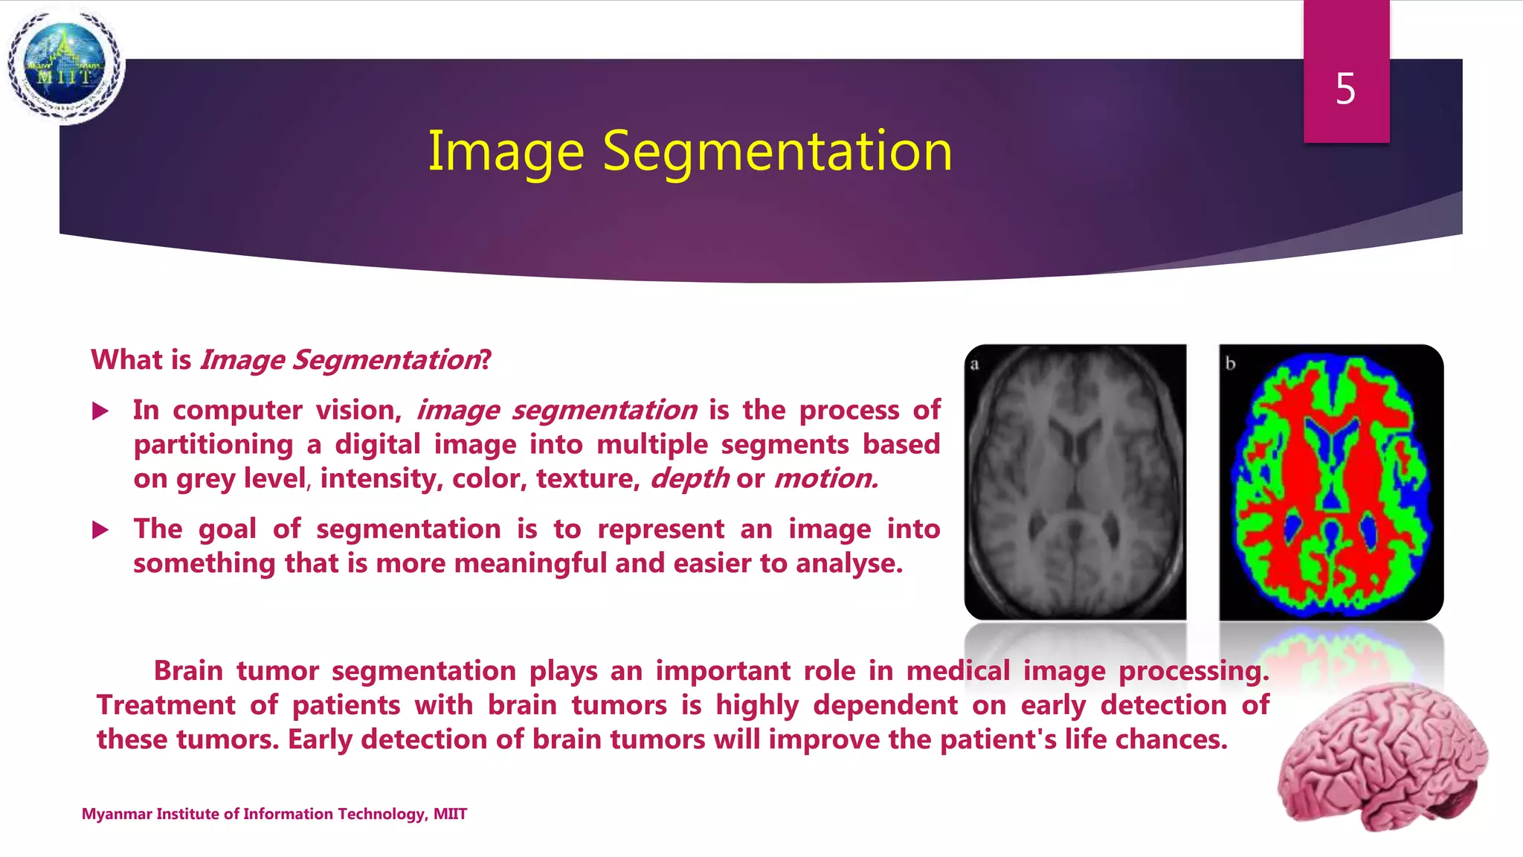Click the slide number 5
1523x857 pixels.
tap(1345, 89)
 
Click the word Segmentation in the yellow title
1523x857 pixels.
tap(776, 151)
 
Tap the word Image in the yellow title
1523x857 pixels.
tap(506, 153)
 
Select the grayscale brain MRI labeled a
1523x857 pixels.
tap(1075, 482)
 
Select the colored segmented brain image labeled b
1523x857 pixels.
tap(1330, 482)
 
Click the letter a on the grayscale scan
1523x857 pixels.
tap(974, 365)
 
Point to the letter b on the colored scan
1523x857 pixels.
tap(1230, 364)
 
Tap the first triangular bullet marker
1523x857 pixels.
tap(100, 411)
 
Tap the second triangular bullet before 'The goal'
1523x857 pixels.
tap(100, 530)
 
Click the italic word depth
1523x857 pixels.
tap(689, 478)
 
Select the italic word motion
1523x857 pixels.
tap(825, 478)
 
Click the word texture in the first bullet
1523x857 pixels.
tap(587, 478)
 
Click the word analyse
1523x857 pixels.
tap(849, 563)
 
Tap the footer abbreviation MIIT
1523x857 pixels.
tap(450, 814)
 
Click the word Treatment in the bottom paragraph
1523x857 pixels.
tap(165, 705)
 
